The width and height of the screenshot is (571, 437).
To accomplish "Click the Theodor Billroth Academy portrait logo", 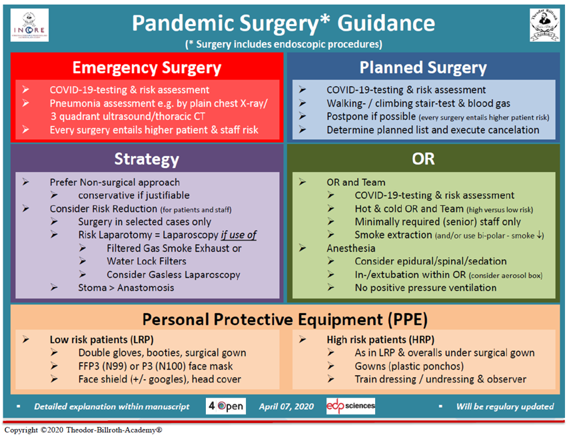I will pyautogui.click(x=544, y=25).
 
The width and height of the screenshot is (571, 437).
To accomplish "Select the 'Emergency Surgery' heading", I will pyautogui.click(x=147, y=67).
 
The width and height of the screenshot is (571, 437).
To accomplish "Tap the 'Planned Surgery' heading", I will pyautogui.click(x=423, y=67).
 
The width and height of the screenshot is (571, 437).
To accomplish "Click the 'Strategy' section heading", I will pyautogui.click(x=147, y=159).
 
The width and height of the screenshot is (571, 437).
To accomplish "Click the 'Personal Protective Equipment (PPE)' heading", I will pyautogui.click(x=285, y=319).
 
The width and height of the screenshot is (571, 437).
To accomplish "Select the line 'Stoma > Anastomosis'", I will pyautogui.click(x=126, y=288).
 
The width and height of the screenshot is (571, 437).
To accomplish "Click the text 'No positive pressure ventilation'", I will pyautogui.click(x=425, y=288).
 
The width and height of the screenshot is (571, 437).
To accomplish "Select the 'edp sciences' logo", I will pyautogui.click(x=350, y=406).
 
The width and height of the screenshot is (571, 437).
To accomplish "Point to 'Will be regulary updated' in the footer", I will pyautogui.click(x=504, y=406).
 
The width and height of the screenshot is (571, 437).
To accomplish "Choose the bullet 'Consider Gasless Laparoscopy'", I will pyautogui.click(x=173, y=274).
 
